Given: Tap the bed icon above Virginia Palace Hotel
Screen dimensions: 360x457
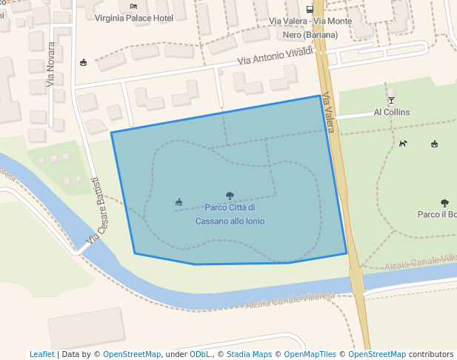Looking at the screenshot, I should [133, 6].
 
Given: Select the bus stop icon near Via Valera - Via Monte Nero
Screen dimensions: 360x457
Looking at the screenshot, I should [310, 10].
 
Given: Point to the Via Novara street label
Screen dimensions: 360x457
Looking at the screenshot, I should [51, 64].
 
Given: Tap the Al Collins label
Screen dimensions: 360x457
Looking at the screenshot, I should [392, 112].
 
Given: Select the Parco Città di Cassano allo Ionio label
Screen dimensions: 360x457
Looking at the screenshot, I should [230, 214].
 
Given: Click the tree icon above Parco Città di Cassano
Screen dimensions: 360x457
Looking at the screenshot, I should [230, 196].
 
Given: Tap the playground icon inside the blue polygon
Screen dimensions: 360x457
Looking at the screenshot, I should [179, 202].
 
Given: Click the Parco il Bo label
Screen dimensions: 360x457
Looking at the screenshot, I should [437, 214].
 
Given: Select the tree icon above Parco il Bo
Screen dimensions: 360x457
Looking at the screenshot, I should [444, 202].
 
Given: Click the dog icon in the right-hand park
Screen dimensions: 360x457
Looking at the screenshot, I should [403, 144].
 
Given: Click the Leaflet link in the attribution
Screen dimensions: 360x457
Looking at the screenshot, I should [41, 354].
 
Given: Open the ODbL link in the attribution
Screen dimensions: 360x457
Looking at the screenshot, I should [200, 354].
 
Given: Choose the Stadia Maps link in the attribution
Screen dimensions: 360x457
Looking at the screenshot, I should [248, 354].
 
